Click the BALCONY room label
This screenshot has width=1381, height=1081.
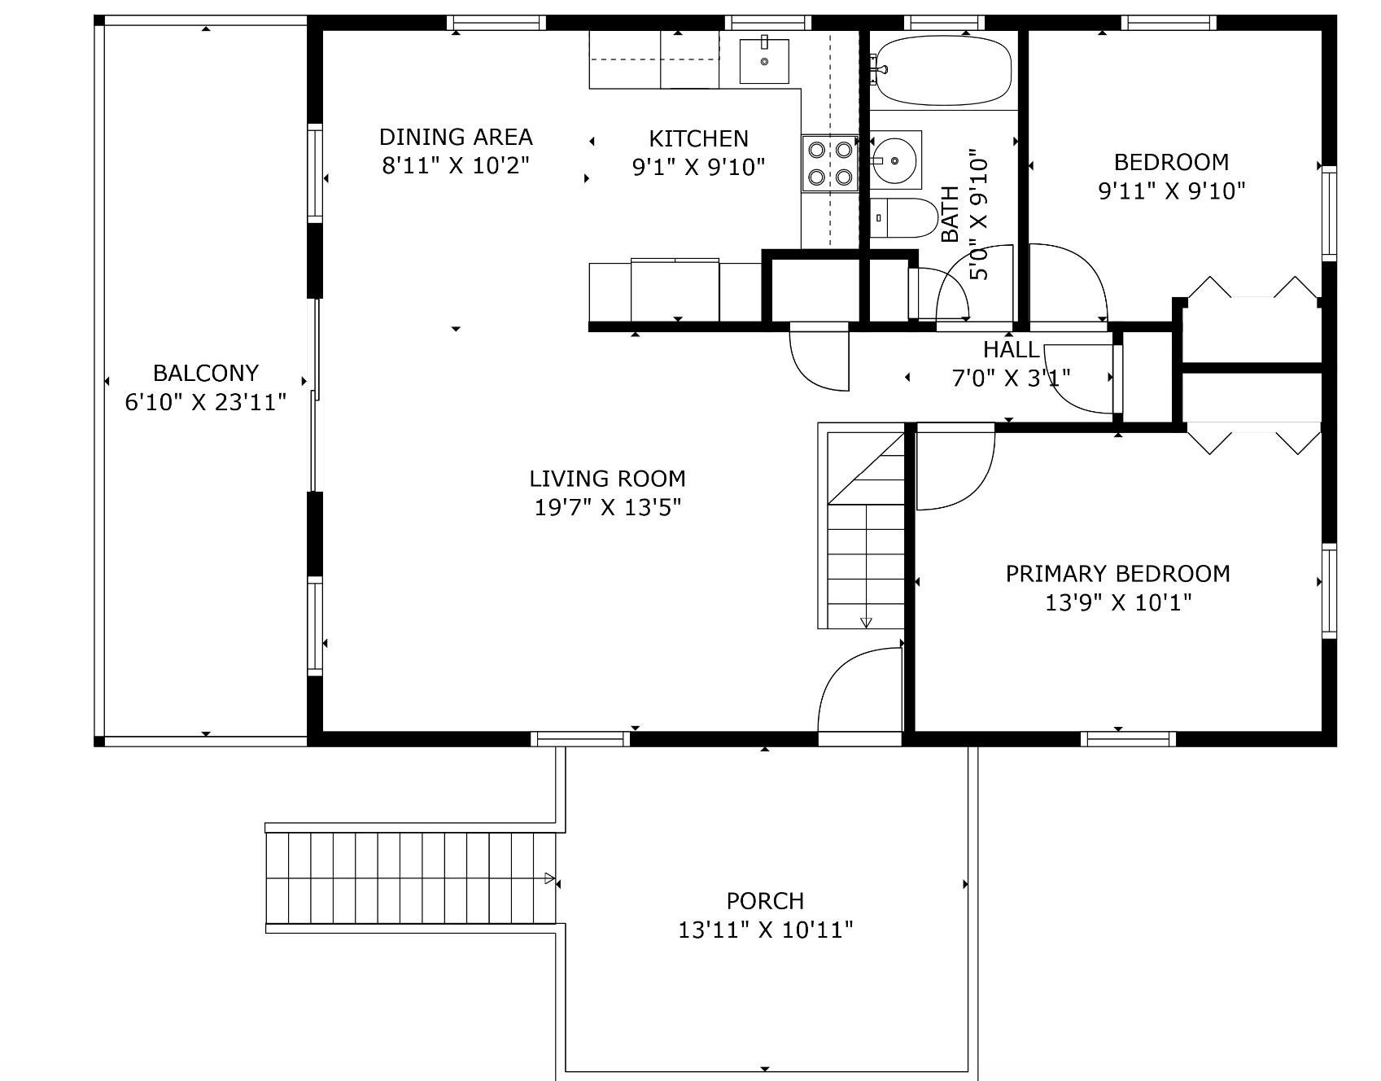(x=206, y=373)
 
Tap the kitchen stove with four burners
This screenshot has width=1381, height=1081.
(x=830, y=163)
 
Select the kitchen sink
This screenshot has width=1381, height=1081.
(x=764, y=60)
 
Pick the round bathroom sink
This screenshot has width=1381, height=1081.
(x=895, y=160)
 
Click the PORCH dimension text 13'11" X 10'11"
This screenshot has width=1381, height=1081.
(x=766, y=929)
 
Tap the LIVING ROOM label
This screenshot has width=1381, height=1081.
(x=608, y=479)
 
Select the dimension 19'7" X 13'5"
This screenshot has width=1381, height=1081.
(x=608, y=507)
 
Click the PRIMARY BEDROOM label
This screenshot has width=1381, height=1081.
(x=1118, y=574)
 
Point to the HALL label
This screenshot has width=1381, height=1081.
(x=1011, y=350)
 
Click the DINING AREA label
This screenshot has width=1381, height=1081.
(x=456, y=137)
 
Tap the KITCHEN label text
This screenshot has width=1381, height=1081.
(x=698, y=138)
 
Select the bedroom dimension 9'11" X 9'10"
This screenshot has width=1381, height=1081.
(x=1172, y=191)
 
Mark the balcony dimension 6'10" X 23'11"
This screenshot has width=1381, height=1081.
(x=206, y=402)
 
